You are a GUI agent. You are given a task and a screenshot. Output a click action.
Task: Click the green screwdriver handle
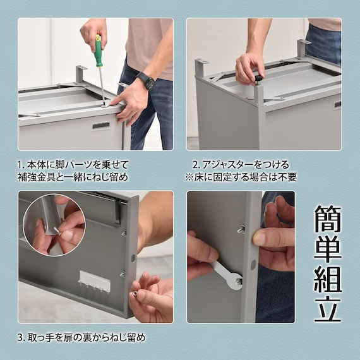coord(98,51)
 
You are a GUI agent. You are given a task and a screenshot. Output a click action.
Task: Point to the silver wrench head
coord(235,281)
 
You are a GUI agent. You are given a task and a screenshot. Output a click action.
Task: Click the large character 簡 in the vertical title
coord(327,219)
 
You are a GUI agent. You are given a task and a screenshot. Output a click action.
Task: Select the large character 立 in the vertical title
coord(327,308)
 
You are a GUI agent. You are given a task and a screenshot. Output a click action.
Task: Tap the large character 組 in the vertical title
coord(327,279)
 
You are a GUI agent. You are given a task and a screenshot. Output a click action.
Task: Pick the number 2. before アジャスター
coord(196,165)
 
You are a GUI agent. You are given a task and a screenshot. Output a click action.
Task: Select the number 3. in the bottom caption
coord(21,338)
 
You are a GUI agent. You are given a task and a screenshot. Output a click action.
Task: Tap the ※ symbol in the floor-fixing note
coord(189,177)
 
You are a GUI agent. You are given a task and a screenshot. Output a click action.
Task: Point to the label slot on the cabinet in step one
coord(101,126)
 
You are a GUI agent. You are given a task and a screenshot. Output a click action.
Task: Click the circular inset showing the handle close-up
coord(54,225)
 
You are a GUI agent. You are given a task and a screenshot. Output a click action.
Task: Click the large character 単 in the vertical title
coord(327,249)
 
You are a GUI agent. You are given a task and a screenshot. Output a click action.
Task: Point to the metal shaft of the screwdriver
coord(102,86)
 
